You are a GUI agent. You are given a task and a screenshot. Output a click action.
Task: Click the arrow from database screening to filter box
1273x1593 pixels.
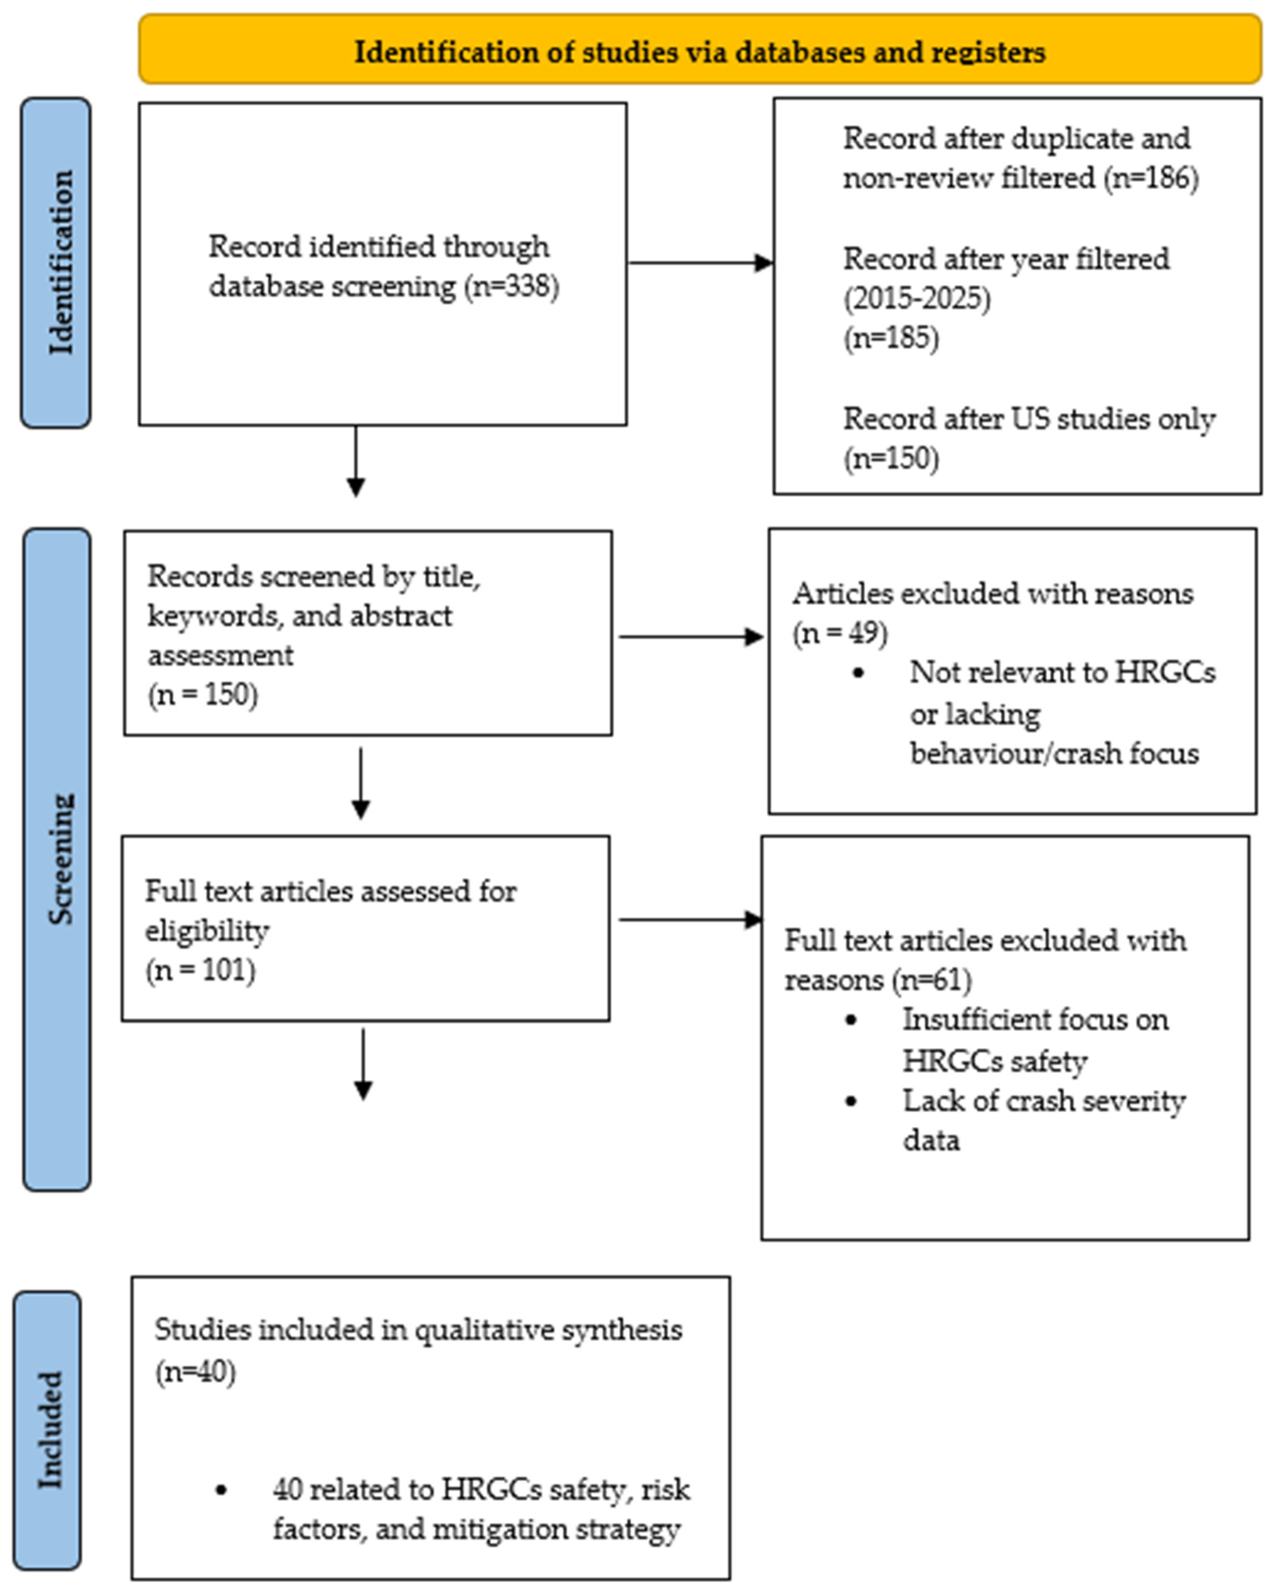point(698,262)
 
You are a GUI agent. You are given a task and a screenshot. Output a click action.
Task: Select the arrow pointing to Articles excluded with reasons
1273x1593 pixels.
point(691,636)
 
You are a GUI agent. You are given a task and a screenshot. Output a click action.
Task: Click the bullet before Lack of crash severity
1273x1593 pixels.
point(851,1101)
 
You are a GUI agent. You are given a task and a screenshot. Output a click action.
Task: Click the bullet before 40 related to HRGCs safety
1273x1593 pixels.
point(220,1490)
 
